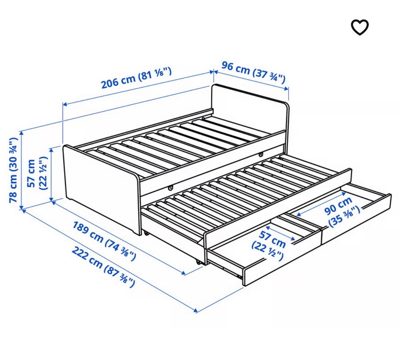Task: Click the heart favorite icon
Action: [x=360, y=27]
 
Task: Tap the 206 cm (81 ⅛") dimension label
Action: [x=136, y=78]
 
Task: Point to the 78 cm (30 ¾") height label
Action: [x=13, y=170]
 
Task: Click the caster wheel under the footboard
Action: [x=146, y=233]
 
